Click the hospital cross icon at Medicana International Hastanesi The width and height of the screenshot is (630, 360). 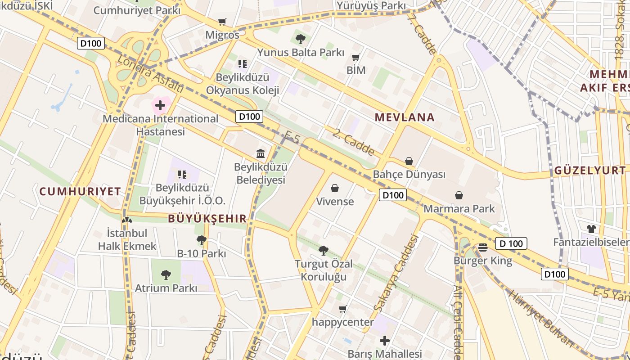tap(160, 106)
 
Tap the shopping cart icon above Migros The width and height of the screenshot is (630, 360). tap(222, 22)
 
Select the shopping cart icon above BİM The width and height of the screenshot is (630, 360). tap(356, 57)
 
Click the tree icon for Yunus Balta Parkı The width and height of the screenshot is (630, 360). tap(301, 39)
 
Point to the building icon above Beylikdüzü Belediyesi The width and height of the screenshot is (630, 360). tap(261, 154)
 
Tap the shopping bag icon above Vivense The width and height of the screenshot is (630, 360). tap(335, 188)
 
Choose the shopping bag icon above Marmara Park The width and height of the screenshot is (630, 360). tap(459, 195)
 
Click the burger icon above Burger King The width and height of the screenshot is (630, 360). tap(483, 247)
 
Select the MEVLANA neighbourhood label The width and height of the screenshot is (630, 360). tap(405, 118)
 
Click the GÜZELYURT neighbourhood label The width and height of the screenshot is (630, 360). tap(589, 171)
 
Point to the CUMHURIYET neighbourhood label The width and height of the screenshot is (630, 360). tap(80, 192)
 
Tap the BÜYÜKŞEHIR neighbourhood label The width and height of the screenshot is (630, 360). tap(207, 219)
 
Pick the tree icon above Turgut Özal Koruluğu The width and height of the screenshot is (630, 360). tap(323, 250)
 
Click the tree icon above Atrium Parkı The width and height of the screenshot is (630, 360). tap(166, 274)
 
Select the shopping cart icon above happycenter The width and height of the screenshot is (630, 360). tap(343, 309)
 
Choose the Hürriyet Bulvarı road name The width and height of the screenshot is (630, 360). tap(542, 319)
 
